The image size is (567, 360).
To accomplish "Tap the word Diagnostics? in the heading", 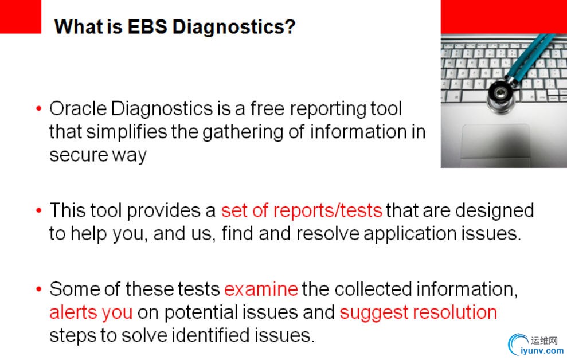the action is (x=233, y=27).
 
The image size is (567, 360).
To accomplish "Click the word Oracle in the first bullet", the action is (x=78, y=108).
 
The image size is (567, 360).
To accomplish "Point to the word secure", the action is (x=79, y=155).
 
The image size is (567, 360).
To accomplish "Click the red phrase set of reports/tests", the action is (x=302, y=210).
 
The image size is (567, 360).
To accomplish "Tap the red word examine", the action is (x=261, y=289).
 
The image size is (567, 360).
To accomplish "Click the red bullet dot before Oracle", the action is (x=39, y=108).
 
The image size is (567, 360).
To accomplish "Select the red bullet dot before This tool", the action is (x=39, y=210).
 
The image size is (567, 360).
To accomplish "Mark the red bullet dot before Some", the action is (x=39, y=289).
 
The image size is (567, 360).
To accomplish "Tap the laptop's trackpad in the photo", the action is (x=495, y=141).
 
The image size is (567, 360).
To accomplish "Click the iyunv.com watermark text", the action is (x=542, y=350).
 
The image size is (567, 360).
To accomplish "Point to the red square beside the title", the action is (x=21, y=17).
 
